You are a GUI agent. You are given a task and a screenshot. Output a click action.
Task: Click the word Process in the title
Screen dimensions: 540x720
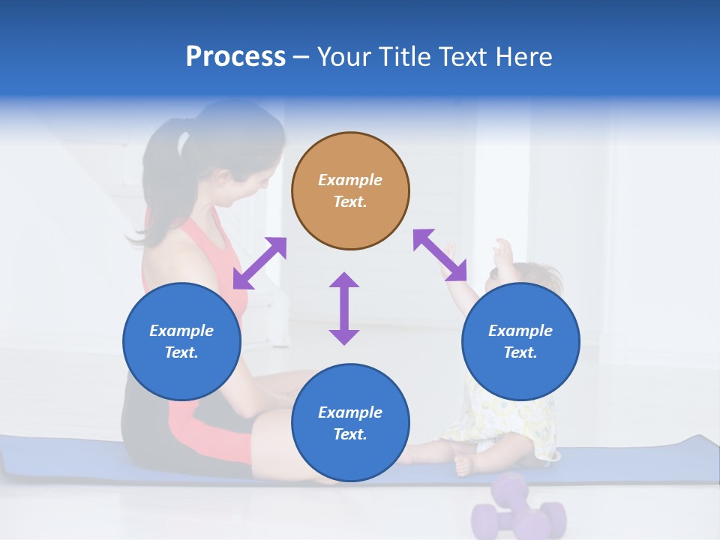(235, 57)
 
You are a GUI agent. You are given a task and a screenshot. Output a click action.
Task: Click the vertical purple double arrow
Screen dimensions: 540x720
(344, 308)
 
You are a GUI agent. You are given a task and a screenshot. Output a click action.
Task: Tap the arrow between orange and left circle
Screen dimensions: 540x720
(259, 262)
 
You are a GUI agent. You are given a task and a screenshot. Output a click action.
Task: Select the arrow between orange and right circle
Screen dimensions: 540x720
(439, 255)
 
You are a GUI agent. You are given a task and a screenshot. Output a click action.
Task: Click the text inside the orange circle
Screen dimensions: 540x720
(350, 190)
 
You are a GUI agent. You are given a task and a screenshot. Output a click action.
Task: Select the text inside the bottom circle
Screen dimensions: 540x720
(350, 423)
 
